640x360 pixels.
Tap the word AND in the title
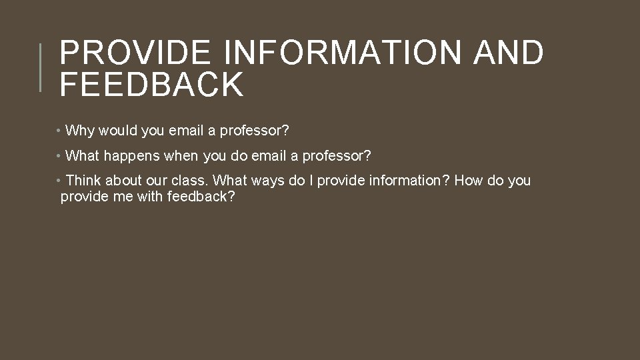coord(508,53)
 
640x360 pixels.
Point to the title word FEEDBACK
coord(151,85)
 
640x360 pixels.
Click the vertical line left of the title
coord(40,67)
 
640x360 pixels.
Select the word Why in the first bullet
coord(80,131)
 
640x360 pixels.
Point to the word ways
coord(268,181)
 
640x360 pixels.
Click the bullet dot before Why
coord(59,131)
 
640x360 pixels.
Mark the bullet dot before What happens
coord(59,156)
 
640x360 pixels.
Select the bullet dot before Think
coord(59,181)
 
